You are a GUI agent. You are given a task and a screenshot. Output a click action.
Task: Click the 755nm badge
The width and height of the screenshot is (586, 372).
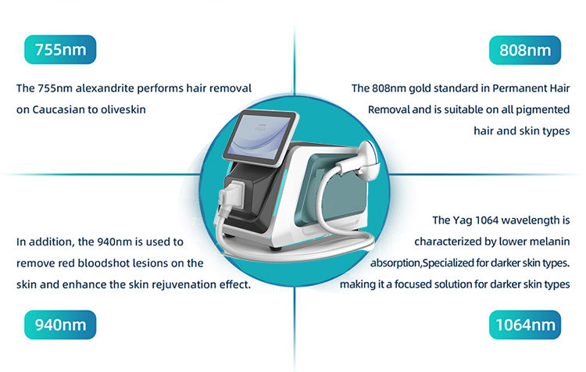pyautogui.click(x=60, y=51)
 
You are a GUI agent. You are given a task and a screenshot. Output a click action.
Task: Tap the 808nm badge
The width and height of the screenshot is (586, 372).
pyautogui.click(x=525, y=52)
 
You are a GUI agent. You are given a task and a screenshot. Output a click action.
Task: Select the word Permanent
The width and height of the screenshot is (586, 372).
pyautogui.click(x=509, y=88)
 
